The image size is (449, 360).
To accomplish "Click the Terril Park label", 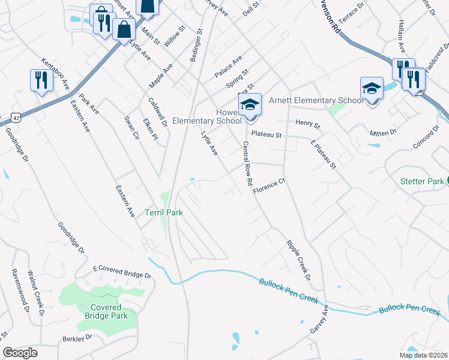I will coord(163,212).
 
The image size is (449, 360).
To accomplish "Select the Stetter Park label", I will coord(422,181).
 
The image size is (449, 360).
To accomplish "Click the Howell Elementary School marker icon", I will coord(250,105).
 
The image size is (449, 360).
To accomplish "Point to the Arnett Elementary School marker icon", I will coord(372,89).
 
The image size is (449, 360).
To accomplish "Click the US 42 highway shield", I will coord(4,117).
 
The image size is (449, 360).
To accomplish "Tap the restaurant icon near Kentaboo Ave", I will coord(41,80).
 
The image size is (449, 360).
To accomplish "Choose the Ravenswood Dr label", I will coord(20,291).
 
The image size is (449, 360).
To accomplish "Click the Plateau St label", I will coord(267,135).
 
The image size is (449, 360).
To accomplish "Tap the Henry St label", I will coord(308,124).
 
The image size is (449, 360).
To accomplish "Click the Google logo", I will coord(20,353).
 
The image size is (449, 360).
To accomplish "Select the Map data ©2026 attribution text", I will coord(423,355).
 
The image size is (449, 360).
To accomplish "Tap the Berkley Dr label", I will coord(78,338).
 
